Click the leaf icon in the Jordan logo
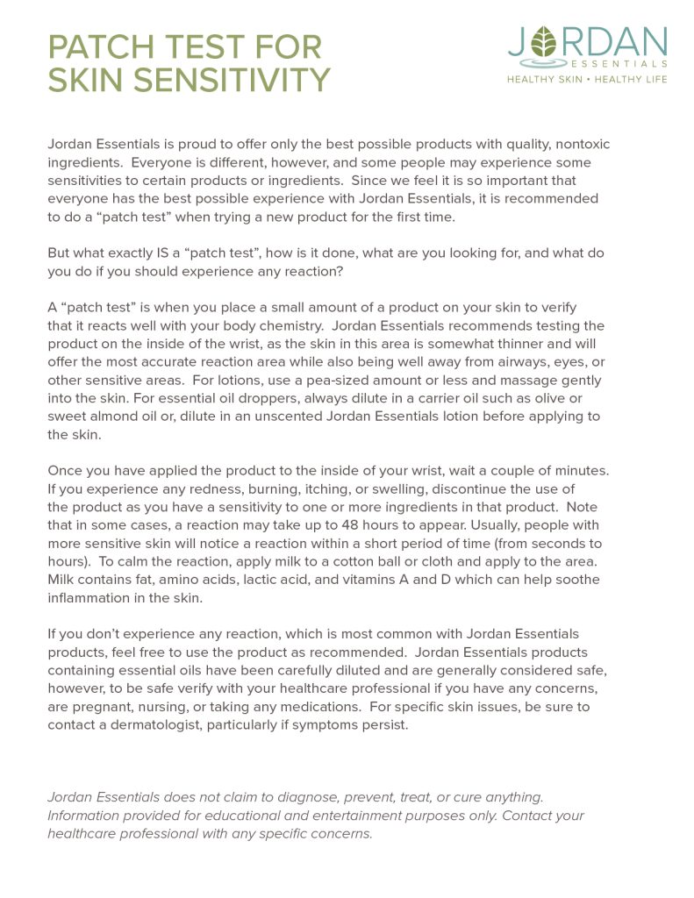tap(546, 42)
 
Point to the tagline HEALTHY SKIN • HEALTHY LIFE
tap(587, 79)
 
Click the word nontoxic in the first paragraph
tap(576, 145)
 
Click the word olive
tap(560, 398)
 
